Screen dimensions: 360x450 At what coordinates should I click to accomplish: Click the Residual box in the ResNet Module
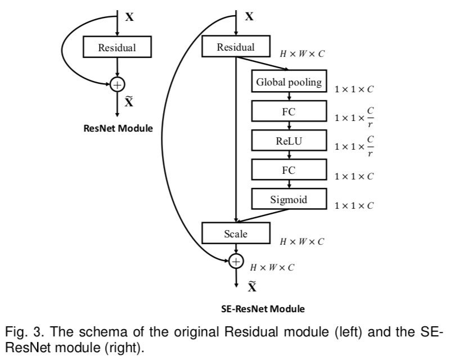coord(117,47)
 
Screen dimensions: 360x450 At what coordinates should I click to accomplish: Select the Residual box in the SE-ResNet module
coord(236,47)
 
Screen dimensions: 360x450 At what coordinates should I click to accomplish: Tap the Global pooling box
coord(289,82)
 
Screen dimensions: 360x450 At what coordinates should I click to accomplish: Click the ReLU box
coord(289,141)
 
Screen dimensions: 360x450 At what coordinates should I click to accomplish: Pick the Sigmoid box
coord(289,198)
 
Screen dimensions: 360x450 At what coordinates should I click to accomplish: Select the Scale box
coord(236,233)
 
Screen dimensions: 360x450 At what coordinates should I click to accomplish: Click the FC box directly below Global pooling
coord(289,111)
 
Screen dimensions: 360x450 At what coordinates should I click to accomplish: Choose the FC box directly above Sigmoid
coord(289,169)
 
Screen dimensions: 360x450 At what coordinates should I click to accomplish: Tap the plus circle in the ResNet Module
coord(117,84)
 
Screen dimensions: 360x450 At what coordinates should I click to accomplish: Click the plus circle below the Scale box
coord(236,260)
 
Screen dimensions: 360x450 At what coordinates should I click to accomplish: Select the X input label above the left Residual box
coord(129,17)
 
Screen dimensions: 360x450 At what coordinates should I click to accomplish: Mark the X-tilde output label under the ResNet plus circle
coord(129,102)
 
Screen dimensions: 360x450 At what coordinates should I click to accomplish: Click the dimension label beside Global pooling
coord(354,89)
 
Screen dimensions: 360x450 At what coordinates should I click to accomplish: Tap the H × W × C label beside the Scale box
coord(303,241)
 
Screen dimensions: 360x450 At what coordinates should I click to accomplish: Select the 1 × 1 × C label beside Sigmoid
coord(354,205)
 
